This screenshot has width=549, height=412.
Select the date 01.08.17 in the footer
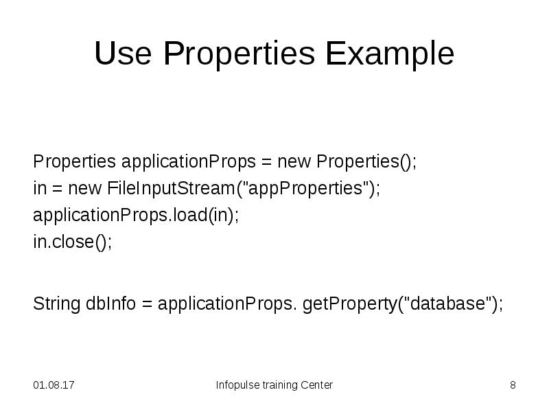tap(54, 385)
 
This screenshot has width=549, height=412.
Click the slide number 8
tap(513, 385)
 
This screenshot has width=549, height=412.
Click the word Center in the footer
tap(316, 385)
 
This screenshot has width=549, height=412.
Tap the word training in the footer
tap(279, 385)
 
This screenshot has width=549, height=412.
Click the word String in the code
tap(56, 304)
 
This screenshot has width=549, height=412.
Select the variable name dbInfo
tap(111, 304)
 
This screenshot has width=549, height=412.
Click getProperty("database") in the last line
tap(402, 304)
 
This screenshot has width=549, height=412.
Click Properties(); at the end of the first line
tap(366, 162)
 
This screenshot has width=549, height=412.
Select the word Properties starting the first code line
tap(75, 162)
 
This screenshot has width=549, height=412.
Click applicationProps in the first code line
tap(189, 162)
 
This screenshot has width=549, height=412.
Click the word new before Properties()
tap(294, 162)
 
